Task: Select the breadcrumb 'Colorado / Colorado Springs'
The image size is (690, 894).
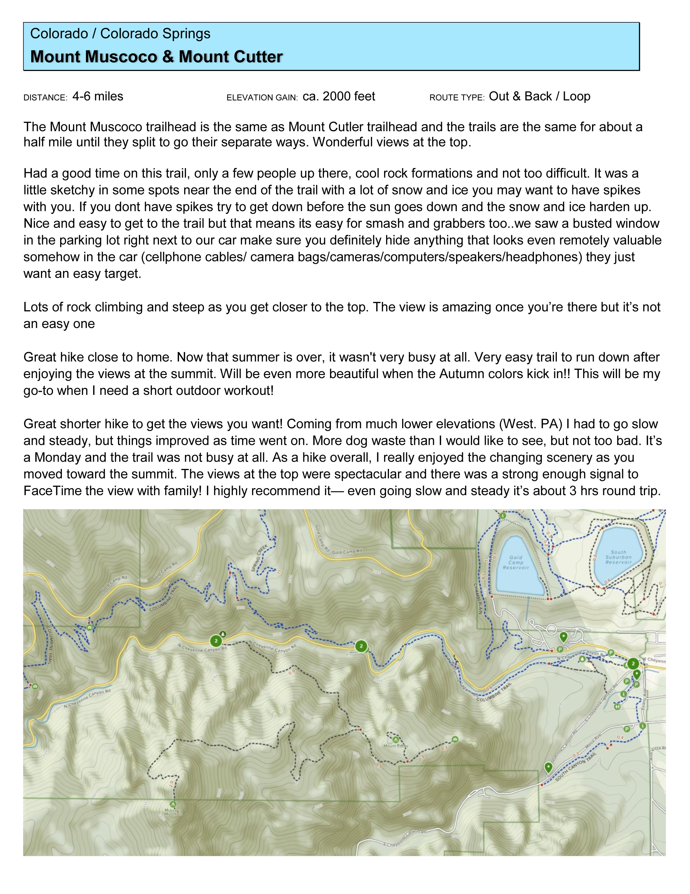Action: pos(120,34)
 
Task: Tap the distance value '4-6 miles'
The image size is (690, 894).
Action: pos(98,97)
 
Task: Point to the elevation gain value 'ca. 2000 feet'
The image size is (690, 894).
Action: pos(339,97)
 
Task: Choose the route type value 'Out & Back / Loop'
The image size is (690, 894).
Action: pos(539,97)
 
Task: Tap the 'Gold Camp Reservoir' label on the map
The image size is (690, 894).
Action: pos(516,562)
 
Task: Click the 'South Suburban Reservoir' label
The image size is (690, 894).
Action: pos(618,557)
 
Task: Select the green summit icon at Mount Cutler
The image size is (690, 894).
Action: pos(395,740)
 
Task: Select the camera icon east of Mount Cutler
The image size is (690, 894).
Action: pos(455,739)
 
